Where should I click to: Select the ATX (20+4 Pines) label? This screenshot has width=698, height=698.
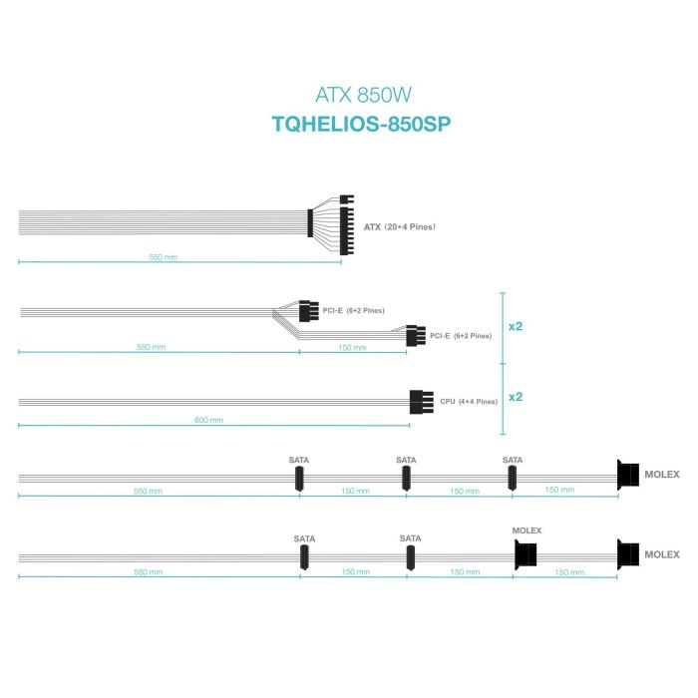tap(400, 226)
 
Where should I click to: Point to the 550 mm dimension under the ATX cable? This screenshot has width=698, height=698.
tap(163, 257)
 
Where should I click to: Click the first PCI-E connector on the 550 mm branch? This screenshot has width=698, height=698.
tap(307, 311)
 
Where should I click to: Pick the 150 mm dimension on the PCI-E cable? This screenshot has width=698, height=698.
tap(353, 347)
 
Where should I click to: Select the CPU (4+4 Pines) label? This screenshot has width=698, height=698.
tap(469, 402)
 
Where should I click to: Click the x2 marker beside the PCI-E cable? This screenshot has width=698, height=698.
tap(516, 326)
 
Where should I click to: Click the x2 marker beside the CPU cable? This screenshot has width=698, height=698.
tap(516, 397)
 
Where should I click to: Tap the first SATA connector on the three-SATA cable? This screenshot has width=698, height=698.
tap(299, 480)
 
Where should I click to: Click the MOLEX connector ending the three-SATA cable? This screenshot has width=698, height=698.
tap(628, 475)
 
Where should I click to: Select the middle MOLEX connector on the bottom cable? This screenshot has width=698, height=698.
tap(525, 555)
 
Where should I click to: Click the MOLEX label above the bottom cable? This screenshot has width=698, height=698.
tap(525, 530)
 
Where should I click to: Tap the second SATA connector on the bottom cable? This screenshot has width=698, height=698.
tap(410, 559)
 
